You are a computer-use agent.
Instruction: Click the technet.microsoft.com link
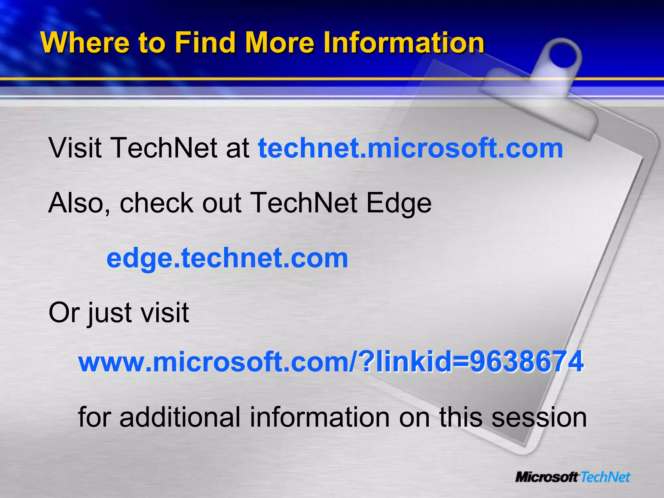pyautogui.click(x=410, y=148)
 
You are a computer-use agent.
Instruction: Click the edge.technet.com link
pyautogui.click(x=227, y=258)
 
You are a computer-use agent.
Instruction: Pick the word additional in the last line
pyautogui.click(x=180, y=417)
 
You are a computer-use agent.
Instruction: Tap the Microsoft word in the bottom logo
pyautogui.click(x=547, y=477)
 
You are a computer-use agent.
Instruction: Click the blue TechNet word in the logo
pyautogui.click(x=605, y=477)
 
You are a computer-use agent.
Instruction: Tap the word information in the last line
pyautogui.click(x=320, y=417)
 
